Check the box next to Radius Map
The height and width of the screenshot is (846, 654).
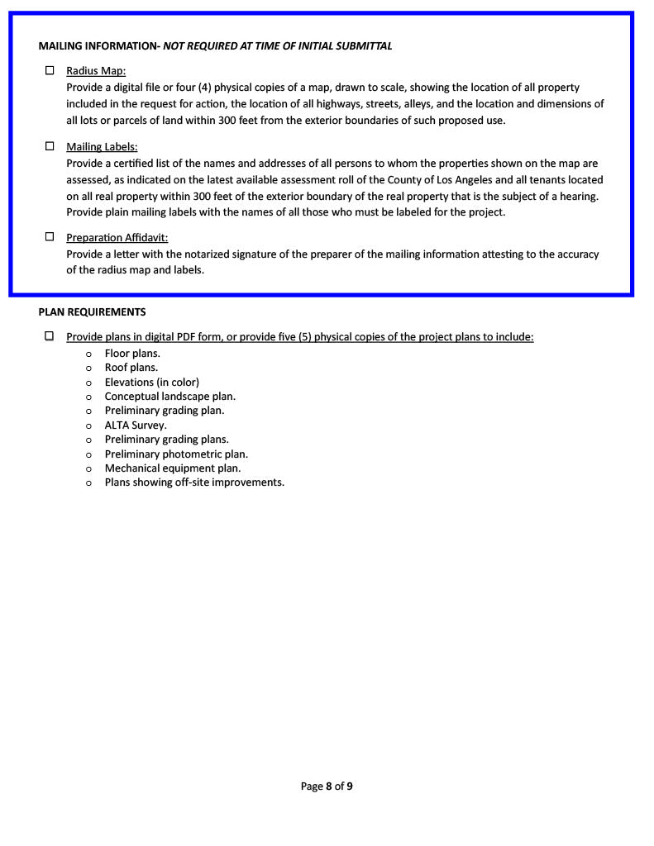point(50,71)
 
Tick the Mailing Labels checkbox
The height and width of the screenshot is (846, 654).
point(50,146)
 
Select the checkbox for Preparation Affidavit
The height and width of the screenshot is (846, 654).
point(50,237)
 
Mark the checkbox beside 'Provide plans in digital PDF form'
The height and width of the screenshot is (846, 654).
point(50,336)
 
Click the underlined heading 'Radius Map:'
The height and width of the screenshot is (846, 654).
point(96,72)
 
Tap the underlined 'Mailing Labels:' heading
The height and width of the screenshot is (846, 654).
point(102,147)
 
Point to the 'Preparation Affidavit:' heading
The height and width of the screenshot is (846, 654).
point(117,238)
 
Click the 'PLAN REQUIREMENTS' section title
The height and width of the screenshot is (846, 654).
point(92,312)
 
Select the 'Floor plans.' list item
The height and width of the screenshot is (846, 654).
point(132,354)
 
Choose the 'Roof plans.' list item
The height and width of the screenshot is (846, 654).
point(131,368)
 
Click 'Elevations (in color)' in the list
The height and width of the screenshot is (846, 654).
point(151,383)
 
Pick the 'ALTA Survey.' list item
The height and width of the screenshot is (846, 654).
point(135,425)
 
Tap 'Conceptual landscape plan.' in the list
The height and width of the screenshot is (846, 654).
point(169,397)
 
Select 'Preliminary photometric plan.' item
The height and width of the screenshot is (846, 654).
point(176,454)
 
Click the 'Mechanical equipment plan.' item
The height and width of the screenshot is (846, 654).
point(172,468)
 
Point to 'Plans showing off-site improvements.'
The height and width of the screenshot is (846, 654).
point(194,482)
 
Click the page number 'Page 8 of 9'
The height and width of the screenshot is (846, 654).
point(327,787)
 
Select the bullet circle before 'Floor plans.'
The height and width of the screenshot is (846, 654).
point(88,354)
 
